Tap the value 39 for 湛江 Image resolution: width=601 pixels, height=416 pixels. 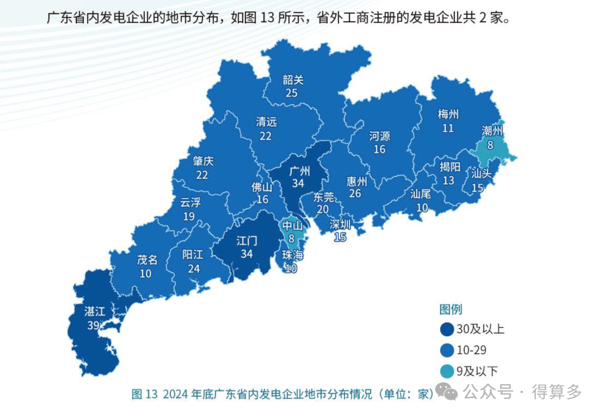(93, 325)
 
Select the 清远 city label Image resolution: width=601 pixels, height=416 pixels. (266, 122)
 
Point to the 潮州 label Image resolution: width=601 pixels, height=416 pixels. (491, 131)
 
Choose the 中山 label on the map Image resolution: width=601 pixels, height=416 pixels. (292, 226)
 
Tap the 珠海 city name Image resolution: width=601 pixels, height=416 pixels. (292, 256)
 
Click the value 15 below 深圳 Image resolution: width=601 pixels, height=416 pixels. (340, 237)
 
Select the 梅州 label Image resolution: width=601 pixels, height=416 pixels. (448, 115)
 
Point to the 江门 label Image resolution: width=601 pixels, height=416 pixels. (247, 241)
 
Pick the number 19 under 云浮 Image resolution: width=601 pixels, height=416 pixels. (189, 216)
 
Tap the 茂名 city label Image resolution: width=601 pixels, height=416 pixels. (147, 260)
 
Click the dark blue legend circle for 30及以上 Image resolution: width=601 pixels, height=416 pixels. (446, 330)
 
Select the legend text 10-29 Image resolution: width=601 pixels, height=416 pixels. (471, 350)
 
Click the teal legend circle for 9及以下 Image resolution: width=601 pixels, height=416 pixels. (446, 371)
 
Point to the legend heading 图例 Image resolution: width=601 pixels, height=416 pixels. (451, 310)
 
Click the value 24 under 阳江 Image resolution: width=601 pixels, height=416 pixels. (193, 268)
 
